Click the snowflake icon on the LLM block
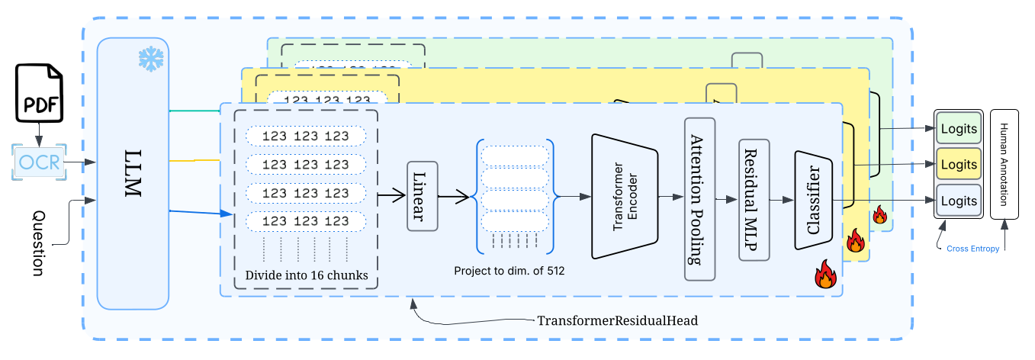[150, 60]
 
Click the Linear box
[422, 195]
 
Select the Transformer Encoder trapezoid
[624, 196]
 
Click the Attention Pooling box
[699, 200]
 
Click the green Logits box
[958, 127]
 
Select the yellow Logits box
[958, 164]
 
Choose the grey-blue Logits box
[958, 201]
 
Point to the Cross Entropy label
[972, 249]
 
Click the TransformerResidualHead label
[618, 320]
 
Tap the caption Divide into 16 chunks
[305, 275]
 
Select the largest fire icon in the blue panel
[825, 274]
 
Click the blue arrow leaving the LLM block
[194, 211]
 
